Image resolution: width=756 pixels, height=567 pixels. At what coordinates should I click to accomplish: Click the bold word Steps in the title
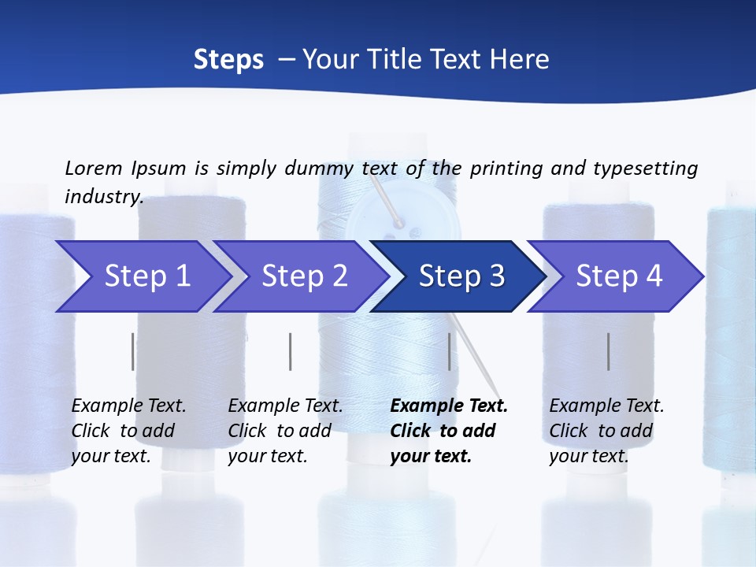tap(228, 59)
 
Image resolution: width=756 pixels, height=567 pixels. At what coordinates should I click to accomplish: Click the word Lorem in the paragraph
tap(93, 168)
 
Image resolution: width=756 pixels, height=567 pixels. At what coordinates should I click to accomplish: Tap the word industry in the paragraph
tap(103, 196)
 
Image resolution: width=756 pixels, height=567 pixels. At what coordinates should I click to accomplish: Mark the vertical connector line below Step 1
tap(132, 351)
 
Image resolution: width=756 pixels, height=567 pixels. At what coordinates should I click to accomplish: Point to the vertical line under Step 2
tap(290, 351)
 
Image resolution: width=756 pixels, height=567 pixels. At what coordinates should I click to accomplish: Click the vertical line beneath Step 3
tap(450, 351)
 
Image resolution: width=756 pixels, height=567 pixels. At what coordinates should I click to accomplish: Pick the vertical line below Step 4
tap(608, 351)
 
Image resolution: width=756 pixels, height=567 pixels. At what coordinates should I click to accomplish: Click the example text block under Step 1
tap(128, 431)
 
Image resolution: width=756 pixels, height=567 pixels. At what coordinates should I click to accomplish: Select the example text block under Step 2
tap(285, 431)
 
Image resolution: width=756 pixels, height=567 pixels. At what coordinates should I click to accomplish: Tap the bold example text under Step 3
tap(449, 431)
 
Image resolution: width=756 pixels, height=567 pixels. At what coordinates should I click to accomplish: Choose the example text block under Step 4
tap(606, 431)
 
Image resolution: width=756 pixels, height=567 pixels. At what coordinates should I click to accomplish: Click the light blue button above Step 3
tap(394, 217)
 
